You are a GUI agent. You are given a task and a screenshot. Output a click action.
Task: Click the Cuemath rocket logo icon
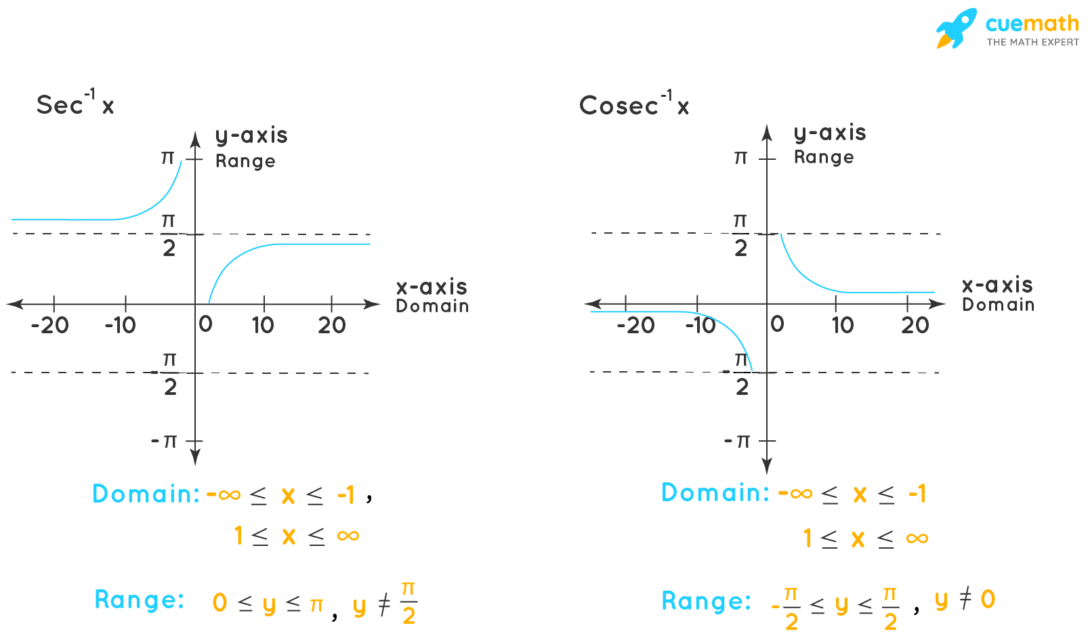click(956, 28)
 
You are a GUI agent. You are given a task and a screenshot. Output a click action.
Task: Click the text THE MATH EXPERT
click(1032, 42)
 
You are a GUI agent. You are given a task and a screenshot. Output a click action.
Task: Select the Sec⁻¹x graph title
click(75, 104)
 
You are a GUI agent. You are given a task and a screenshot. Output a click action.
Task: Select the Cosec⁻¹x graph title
click(634, 104)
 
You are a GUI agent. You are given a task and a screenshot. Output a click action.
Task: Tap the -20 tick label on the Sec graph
click(49, 326)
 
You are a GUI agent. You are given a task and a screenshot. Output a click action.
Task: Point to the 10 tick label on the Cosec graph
click(843, 326)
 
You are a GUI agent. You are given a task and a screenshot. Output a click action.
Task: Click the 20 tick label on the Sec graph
click(332, 326)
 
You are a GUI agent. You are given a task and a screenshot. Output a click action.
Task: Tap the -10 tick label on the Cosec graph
click(700, 326)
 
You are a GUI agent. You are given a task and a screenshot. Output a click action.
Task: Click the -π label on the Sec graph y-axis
click(164, 441)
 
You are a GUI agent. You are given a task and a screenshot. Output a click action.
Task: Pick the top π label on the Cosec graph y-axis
click(740, 158)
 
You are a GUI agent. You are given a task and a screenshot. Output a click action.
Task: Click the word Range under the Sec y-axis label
click(245, 161)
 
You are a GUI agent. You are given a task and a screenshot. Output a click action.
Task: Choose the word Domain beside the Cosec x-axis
click(998, 305)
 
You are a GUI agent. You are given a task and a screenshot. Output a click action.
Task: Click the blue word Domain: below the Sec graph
click(146, 494)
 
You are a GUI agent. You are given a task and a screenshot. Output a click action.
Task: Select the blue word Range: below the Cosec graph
click(706, 601)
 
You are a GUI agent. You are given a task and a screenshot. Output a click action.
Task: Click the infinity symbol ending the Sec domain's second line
click(348, 536)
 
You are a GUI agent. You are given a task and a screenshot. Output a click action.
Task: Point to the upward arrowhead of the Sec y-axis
click(195, 138)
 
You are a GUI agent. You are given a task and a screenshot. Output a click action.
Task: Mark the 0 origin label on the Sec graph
click(205, 324)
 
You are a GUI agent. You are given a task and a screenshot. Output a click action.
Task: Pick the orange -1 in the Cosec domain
click(917, 494)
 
